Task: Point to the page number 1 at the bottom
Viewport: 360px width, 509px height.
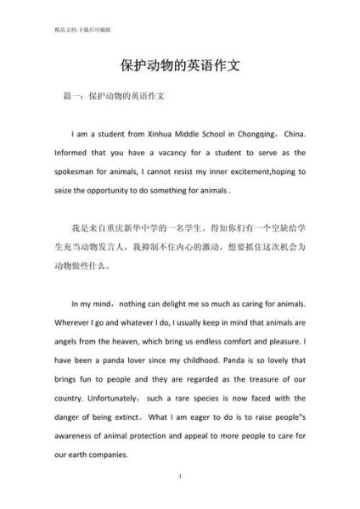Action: pos(180,477)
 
